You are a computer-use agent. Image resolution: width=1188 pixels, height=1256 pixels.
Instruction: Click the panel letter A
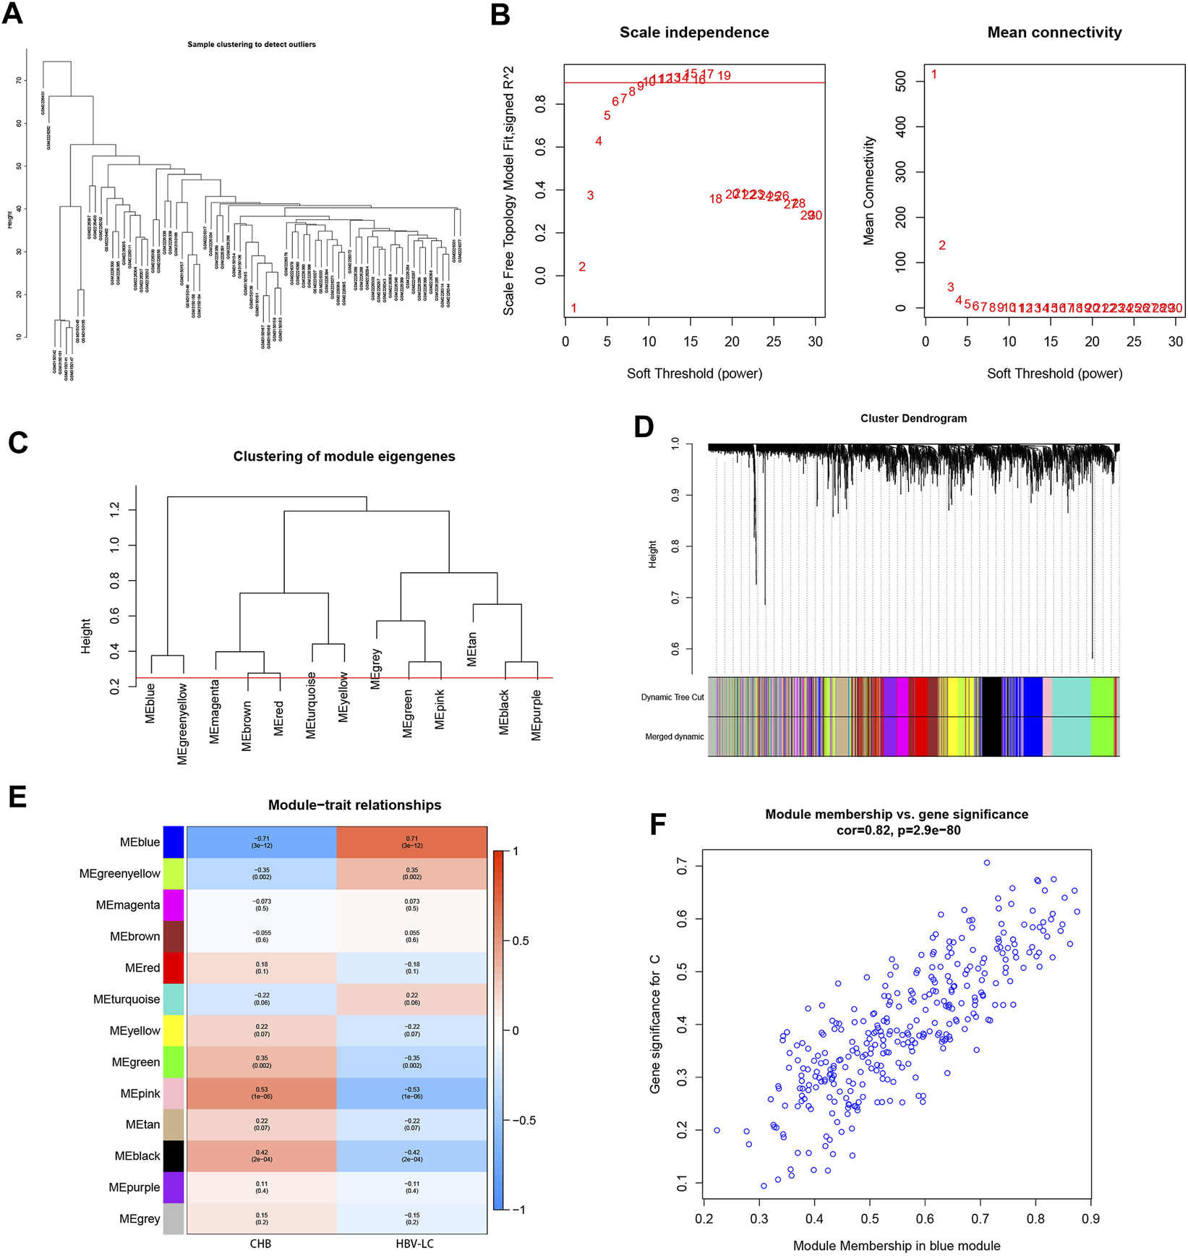(x=13, y=14)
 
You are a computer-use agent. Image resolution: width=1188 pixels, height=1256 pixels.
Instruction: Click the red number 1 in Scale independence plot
(x=573, y=308)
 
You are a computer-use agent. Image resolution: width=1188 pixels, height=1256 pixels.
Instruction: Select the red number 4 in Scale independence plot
(x=599, y=141)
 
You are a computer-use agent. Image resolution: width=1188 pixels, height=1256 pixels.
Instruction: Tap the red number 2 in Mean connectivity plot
(x=942, y=245)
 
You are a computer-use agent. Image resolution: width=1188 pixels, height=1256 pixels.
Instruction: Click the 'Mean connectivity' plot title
(x=1054, y=33)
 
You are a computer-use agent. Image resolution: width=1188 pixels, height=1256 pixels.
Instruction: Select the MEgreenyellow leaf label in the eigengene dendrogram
(x=182, y=723)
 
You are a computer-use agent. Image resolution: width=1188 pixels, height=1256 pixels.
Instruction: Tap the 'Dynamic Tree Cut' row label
(x=672, y=697)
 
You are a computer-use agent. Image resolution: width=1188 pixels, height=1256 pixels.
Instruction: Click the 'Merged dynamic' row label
(x=674, y=737)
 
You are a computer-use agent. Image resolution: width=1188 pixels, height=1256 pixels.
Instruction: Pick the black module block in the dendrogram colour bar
(x=991, y=716)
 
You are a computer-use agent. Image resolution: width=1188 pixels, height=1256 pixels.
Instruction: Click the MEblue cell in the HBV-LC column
(x=411, y=842)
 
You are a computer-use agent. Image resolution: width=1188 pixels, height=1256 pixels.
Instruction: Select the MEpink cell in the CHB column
(x=262, y=1093)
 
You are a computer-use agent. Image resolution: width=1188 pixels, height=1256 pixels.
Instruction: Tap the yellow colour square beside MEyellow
(x=174, y=1030)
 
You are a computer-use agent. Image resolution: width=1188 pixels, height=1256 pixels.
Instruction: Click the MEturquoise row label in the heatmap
(x=127, y=999)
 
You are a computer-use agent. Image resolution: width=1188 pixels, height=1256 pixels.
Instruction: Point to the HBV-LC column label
(x=411, y=1244)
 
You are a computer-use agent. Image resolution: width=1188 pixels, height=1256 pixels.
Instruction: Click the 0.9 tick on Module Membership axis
(x=1090, y=1219)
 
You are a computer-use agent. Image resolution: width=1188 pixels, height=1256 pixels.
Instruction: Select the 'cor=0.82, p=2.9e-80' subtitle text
(x=897, y=831)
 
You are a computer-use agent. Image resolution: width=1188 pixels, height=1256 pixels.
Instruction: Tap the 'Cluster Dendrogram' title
(x=913, y=418)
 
